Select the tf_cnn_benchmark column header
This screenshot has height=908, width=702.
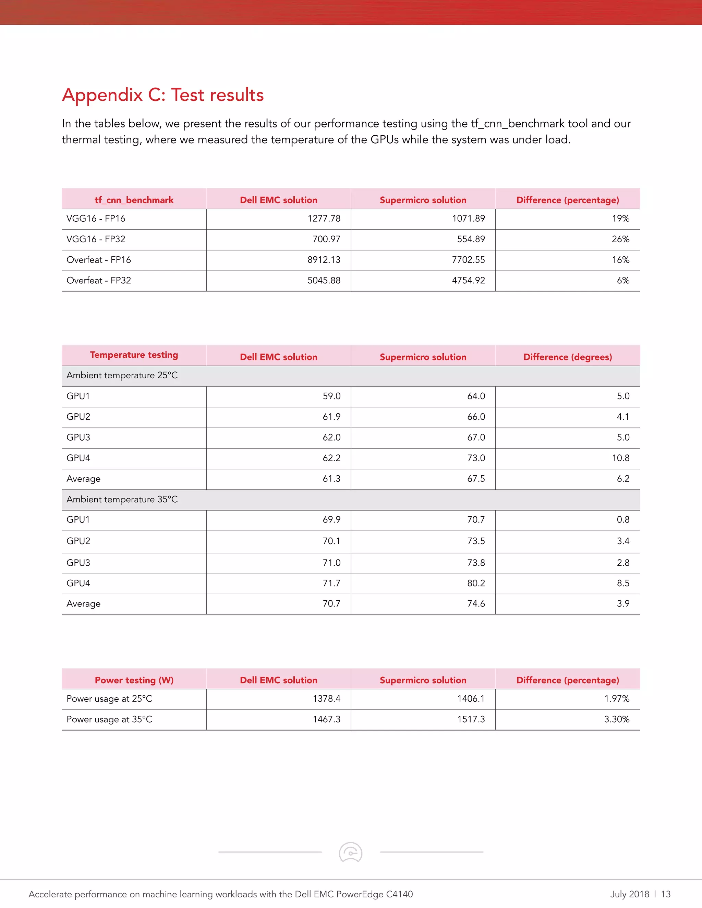[134, 200]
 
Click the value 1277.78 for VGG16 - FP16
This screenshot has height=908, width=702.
[324, 219]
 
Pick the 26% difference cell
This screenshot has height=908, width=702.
[620, 239]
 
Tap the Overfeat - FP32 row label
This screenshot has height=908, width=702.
[99, 281]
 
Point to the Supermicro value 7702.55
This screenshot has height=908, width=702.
[468, 260]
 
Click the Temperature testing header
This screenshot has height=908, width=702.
[134, 355]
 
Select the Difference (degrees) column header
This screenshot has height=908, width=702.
[567, 357]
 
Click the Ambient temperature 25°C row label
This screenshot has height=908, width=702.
[122, 376]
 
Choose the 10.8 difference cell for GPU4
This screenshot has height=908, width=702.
[620, 458]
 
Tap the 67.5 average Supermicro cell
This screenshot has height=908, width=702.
[476, 479]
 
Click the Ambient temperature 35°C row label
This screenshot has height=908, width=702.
[122, 499]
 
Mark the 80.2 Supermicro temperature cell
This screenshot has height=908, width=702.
[476, 583]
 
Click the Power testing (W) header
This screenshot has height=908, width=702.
[134, 680]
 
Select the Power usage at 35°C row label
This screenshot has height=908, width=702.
[109, 720]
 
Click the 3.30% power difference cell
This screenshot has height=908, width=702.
[616, 720]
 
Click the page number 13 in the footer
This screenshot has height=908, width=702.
[665, 894]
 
